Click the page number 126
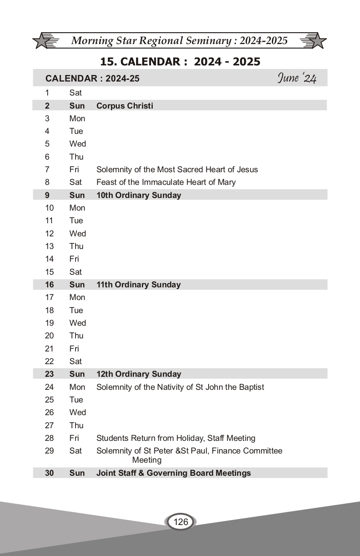[180, 522]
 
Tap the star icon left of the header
[42, 41]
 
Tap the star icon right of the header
[317, 41]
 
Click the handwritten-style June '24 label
[297, 78]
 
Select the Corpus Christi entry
[124, 106]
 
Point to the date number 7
[47, 169]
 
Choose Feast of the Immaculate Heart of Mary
[166, 182]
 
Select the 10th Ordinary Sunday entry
[138, 195]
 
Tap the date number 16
[49, 284]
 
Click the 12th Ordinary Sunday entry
[138, 374]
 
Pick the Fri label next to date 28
[74, 438]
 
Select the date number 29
[49, 450]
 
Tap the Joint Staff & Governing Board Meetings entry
[173, 473]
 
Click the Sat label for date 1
[75, 92]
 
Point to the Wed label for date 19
[77, 323]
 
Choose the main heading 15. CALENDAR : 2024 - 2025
[180, 61]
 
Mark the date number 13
[49, 246]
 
